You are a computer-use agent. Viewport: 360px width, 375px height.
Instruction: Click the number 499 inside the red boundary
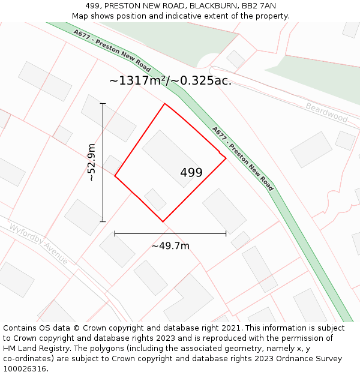click(191, 173)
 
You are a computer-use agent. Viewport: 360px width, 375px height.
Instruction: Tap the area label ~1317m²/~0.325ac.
click(170, 80)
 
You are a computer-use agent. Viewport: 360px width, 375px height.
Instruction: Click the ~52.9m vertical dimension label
click(91, 162)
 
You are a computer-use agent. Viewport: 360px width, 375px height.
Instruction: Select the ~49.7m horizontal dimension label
click(170, 246)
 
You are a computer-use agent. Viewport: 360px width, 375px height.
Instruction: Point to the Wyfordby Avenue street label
click(38, 243)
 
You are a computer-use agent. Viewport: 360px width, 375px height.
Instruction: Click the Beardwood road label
click(326, 112)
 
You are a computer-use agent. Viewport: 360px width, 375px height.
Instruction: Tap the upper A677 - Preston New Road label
click(112, 50)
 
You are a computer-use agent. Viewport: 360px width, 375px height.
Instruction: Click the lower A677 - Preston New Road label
click(242, 158)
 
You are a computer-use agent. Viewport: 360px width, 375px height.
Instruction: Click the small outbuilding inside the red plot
click(155, 199)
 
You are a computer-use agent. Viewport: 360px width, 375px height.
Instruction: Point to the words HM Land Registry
click(36, 348)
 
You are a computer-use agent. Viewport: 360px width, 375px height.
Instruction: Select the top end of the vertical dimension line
click(103, 104)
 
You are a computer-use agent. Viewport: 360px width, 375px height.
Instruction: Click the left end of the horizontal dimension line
click(115, 233)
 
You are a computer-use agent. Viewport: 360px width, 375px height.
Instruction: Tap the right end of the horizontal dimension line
click(226, 233)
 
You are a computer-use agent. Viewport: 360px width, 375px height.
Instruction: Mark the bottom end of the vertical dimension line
click(103, 221)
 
